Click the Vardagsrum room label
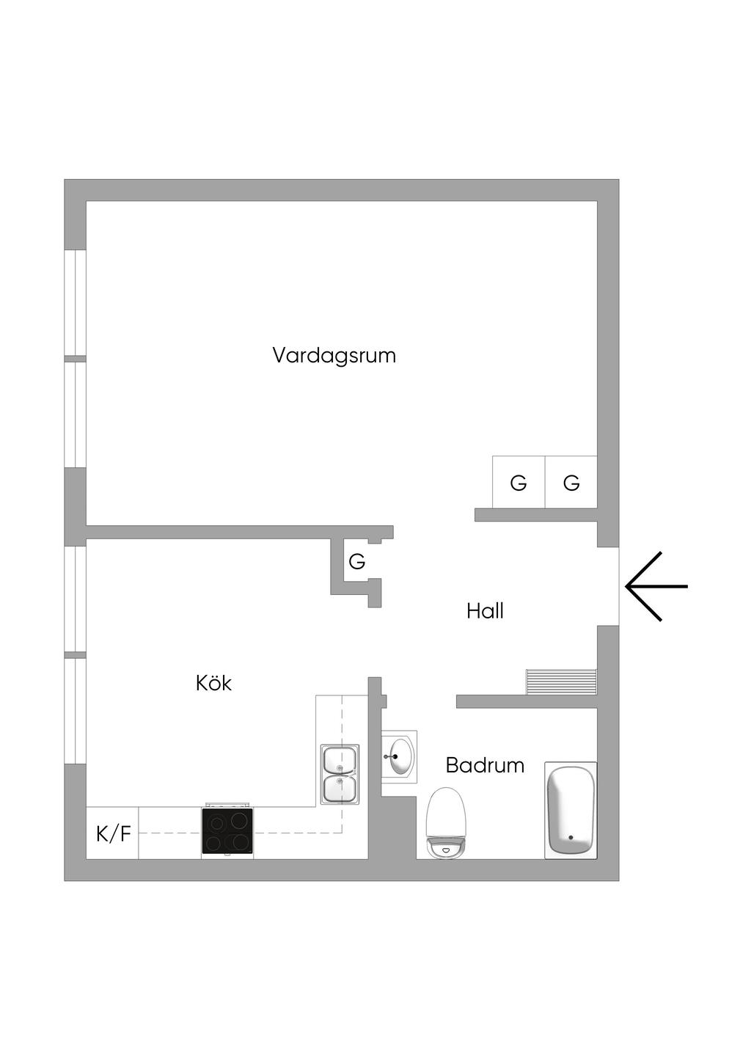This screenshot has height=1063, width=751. (x=334, y=355)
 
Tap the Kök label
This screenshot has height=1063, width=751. (x=213, y=684)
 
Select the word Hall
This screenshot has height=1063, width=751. (x=485, y=611)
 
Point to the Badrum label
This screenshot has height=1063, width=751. (x=485, y=765)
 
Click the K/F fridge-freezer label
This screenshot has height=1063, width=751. (x=114, y=833)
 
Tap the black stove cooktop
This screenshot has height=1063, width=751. (x=227, y=830)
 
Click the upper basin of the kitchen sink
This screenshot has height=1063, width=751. (x=340, y=759)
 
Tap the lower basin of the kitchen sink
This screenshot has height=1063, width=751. (x=340, y=788)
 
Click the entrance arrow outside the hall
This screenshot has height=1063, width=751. (x=656, y=587)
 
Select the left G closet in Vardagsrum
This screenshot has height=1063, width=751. (x=519, y=482)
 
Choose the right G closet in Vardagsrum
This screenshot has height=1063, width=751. (x=571, y=482)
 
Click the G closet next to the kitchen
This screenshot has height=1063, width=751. (x=356, y=562)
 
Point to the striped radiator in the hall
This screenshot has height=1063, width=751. (x=561, y=682)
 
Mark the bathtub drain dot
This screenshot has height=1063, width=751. (x=571, y=838)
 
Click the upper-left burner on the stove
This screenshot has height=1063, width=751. (x=216, y=820)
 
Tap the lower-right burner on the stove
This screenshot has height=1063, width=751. (x=241, y=842)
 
